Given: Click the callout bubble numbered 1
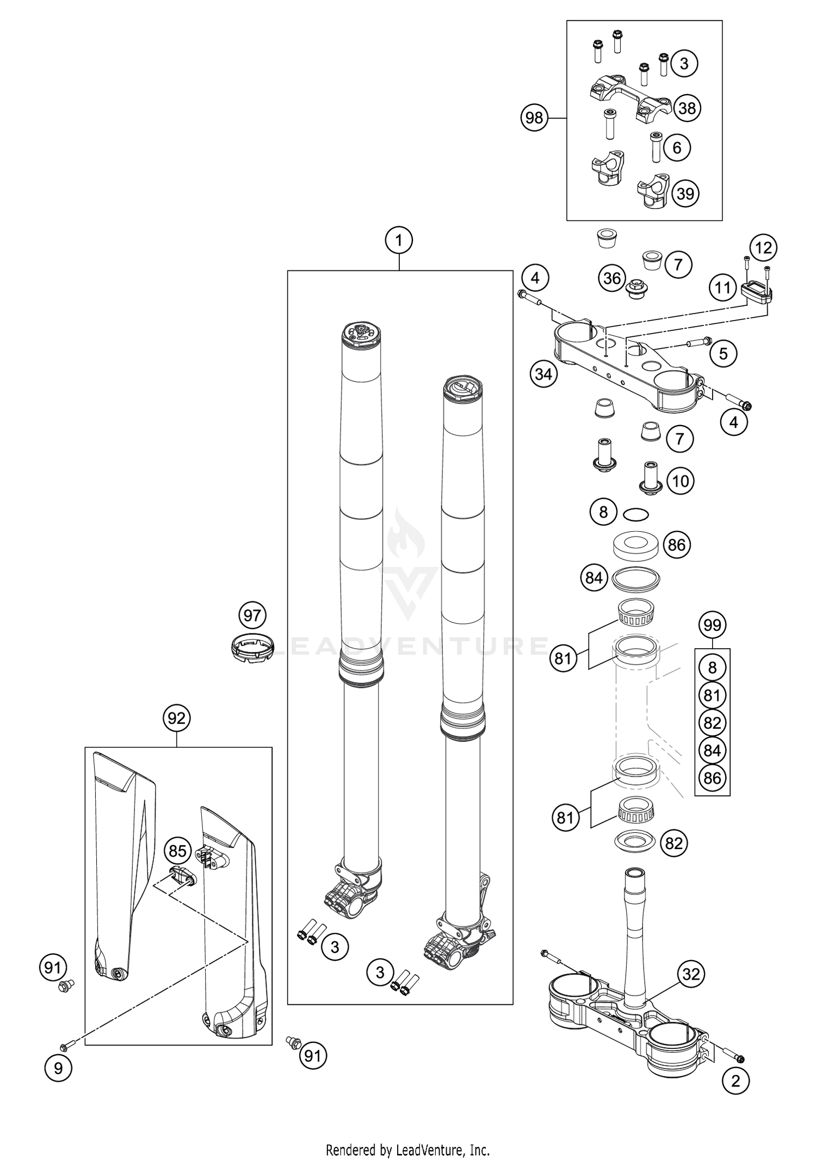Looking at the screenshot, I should click(399, 240).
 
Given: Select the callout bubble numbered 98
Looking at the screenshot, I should click(534, 117).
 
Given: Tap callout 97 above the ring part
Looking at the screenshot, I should click(252, 616).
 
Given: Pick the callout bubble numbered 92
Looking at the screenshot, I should click(176, 718).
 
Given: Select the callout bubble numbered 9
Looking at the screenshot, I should click(58, 1068).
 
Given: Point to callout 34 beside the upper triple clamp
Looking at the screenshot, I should click(543, 374).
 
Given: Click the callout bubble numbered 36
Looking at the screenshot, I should click(612, 279).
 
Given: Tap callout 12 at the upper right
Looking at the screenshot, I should click(764, 248).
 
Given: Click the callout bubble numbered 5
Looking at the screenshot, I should click(723, 354).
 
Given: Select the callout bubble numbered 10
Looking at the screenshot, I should click(680, 481).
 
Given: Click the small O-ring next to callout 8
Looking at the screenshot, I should click(636, 513).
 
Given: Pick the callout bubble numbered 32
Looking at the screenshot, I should click(691, 974).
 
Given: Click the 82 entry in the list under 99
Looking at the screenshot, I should click(712, 723).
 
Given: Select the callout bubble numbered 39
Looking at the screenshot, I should click(685, 193).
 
